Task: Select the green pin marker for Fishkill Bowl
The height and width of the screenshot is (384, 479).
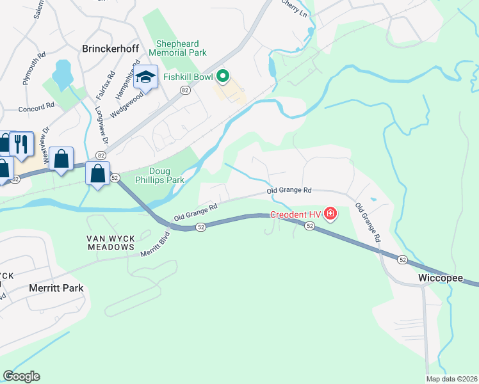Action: click(223, 77)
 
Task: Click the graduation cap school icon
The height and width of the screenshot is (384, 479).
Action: click(146, 78)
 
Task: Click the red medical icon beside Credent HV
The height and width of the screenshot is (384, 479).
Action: click(330, 213)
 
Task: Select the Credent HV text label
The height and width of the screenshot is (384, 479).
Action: click(295, 214)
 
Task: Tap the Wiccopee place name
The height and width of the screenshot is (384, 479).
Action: click(441, 278)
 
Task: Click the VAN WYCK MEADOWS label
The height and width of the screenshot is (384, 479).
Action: click(111, 242)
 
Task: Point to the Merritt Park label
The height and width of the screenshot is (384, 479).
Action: click(56, 288)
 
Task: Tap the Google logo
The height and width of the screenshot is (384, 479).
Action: click(21, 376)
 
